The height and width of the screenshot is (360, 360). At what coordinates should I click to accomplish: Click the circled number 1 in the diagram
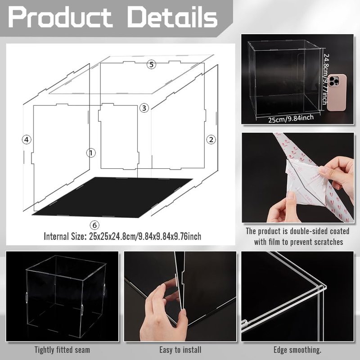coord(91,153)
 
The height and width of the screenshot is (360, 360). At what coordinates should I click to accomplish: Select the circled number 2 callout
coord(211,139)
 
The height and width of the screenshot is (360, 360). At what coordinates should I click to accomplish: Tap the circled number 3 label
coord(144,108)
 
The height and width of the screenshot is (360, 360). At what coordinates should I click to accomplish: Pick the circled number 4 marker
coord(27,139)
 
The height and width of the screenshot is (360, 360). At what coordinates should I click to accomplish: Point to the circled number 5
coord(151,64)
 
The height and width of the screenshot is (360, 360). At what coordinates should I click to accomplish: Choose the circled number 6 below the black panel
coord(94,225)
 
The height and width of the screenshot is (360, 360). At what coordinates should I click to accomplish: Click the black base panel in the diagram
coord(112,197)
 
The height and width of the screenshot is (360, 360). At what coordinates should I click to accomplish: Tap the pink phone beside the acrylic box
coord(337,92)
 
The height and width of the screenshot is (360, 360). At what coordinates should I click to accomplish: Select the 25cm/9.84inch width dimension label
coord(291,119)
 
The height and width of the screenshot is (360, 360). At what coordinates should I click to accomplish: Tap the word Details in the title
coord(172,17)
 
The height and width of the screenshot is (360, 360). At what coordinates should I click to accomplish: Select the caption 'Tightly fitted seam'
coord(62,350)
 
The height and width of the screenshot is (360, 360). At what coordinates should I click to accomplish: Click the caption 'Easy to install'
coord(180,350)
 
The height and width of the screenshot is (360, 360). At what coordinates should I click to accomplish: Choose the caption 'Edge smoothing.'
coord(297,350)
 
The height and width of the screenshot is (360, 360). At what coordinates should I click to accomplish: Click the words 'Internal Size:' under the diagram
coord(64,236)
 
